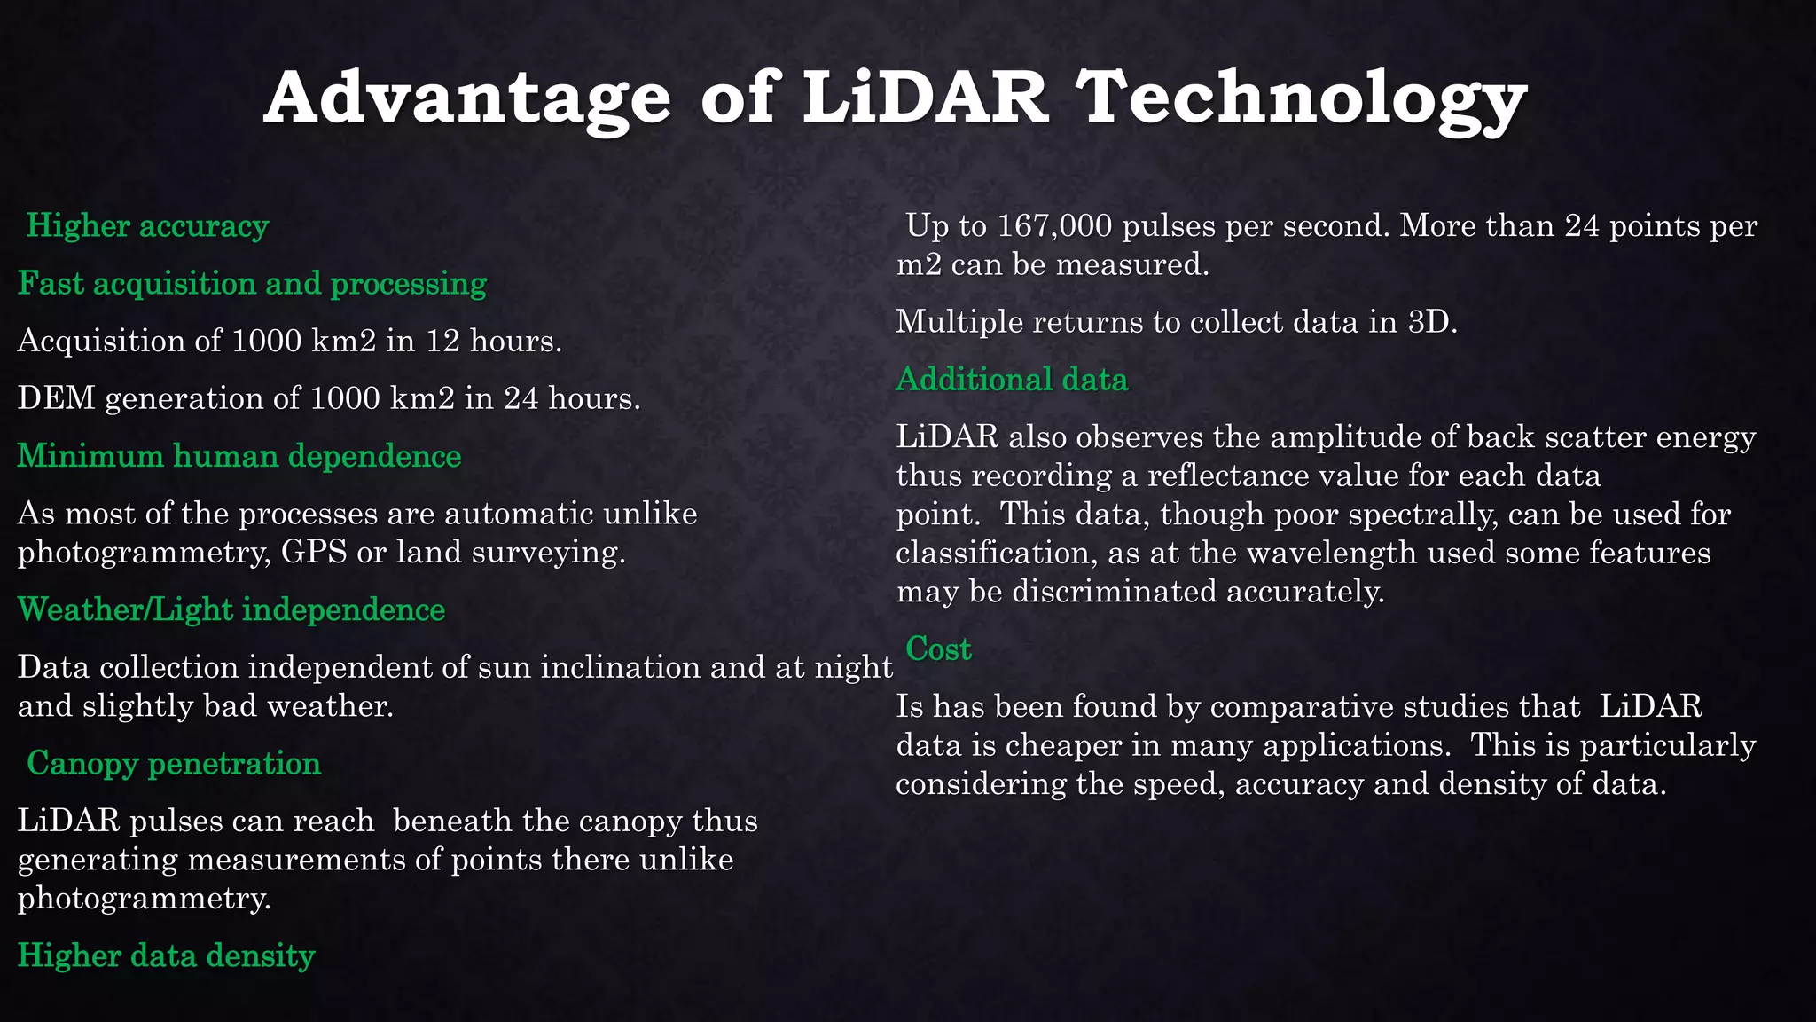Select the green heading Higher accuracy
click(x=147, y=226)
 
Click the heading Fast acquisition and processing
click(x=253, y=284)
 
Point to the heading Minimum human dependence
click(x=239, y=456)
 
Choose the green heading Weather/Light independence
click(x=231, y=609)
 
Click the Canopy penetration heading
click(x=174, y=763)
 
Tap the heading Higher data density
click(x=167, y=955)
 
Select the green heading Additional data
click(x=1012, y=380)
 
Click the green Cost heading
click(x=938, y=649)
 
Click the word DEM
click(x=56, y=398)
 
